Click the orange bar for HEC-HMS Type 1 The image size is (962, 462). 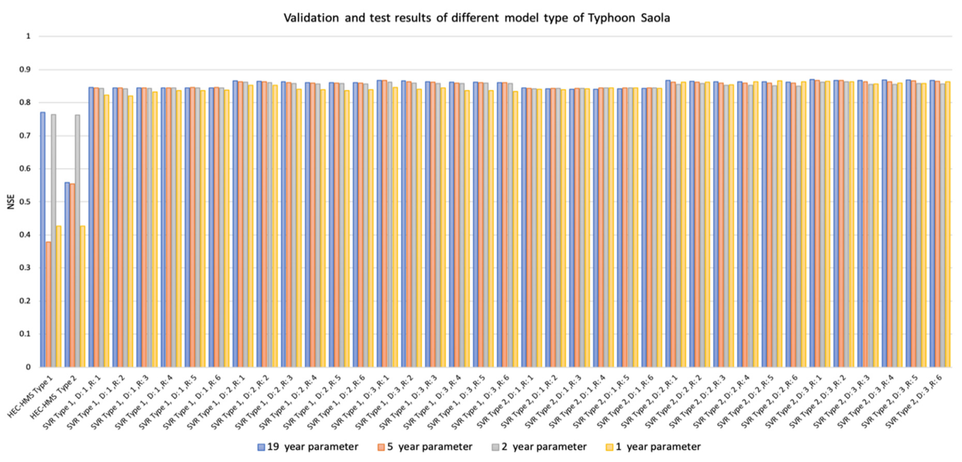click(x=48, y=304)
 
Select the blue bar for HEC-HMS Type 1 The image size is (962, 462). click(x=43, y=239)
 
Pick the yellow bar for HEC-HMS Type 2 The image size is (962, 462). click(x=82, y=296)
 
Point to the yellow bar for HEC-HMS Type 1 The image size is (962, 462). click(x=58, y=296)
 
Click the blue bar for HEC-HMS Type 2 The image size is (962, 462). click(x=67, y=275)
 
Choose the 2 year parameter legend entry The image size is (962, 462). click(x=539, y=447)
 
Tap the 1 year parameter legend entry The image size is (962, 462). click(x=653, y=447)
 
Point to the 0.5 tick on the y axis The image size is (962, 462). click(x=26, y=202)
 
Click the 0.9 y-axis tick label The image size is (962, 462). click(x=26, y=70)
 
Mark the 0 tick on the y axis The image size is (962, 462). click(x=28, y=367)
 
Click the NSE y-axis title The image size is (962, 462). click(x=11, y=202)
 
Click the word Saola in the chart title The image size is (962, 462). click(x=655, y=18)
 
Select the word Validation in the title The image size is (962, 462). click(x=311, y=18)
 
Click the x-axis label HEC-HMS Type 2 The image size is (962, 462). click(x=54, y=397)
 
